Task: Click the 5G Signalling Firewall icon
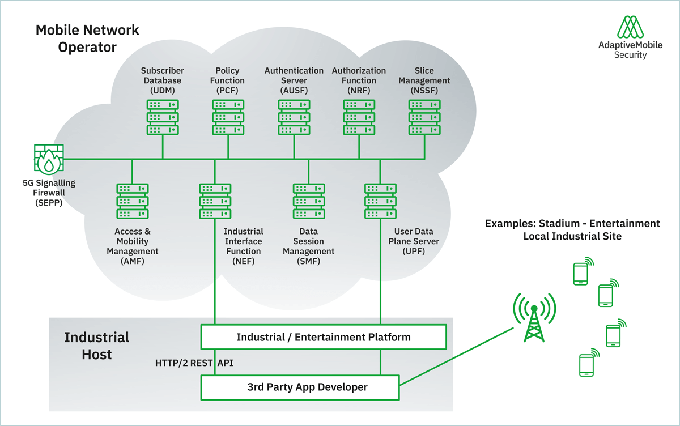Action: pyautogui.click(x=49, y=159)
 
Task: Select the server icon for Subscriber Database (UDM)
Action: pyautogui.click(x=163, y=117)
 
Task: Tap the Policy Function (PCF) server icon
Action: pyautogui.click(x=228, y=117)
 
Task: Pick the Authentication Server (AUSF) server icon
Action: pyautogui.click(x=294, y=117)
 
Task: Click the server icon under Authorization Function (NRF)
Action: pyautogui.click(x=359, y=117)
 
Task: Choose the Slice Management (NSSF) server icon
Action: pyautogui.click(x=424, y=117)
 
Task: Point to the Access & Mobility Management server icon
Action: pyautogui.click(x=132, y=201)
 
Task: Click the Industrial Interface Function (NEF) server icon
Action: pyautogui.click(x=215, y=201)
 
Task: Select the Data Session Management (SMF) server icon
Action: pyautogui.click(x=309, y=201)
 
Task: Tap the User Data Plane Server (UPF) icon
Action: pyautogui.click(x=380, y=201)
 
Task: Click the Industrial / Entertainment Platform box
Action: pyautogui.click(x=324, y=337)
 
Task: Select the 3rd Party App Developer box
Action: pyautogui.click(x=300, y=387)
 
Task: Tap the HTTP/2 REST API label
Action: pyautogui.click(x=194, y=363)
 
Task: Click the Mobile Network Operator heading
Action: pyautogui.click(x=87, y=38)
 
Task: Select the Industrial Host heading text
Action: pyautogui.click(x=97, y=346)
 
